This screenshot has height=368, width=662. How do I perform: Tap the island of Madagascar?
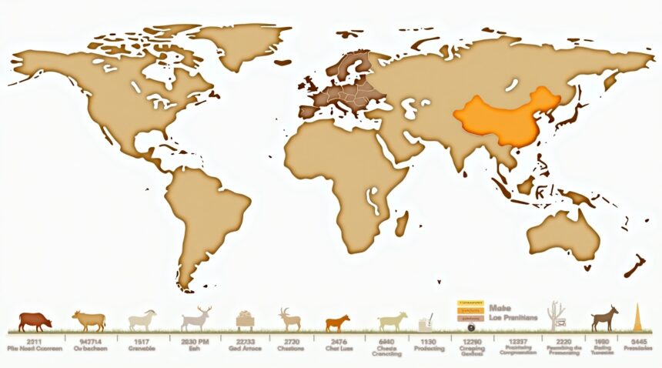click(x=401, y=223)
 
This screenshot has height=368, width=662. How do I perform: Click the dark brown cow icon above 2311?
click(x=35, y=320)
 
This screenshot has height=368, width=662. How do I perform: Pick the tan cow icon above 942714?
click(x=89, y=320)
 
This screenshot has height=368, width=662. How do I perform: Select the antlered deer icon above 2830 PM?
click(x=196, y=319)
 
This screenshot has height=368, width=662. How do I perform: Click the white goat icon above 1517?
click(x=142, y=320)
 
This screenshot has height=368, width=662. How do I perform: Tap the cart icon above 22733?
click(x=245, y=319)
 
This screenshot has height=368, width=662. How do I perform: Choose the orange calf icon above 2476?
click(x=336, y=322)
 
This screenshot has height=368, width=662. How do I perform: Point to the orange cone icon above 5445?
click(x=637, y=317)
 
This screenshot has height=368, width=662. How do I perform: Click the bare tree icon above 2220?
click(x=554, y=316)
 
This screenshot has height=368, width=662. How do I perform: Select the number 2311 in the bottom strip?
click(x=34, y=340)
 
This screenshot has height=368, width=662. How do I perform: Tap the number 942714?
click(x=89, y=340)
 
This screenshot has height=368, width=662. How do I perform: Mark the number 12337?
click(x=517, y=340)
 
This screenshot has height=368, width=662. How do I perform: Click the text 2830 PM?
click(x=196, y=340)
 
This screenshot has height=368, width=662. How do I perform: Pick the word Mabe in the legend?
click(x=500, y=308)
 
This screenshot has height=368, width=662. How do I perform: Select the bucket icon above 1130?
click(x=426, y=322)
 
